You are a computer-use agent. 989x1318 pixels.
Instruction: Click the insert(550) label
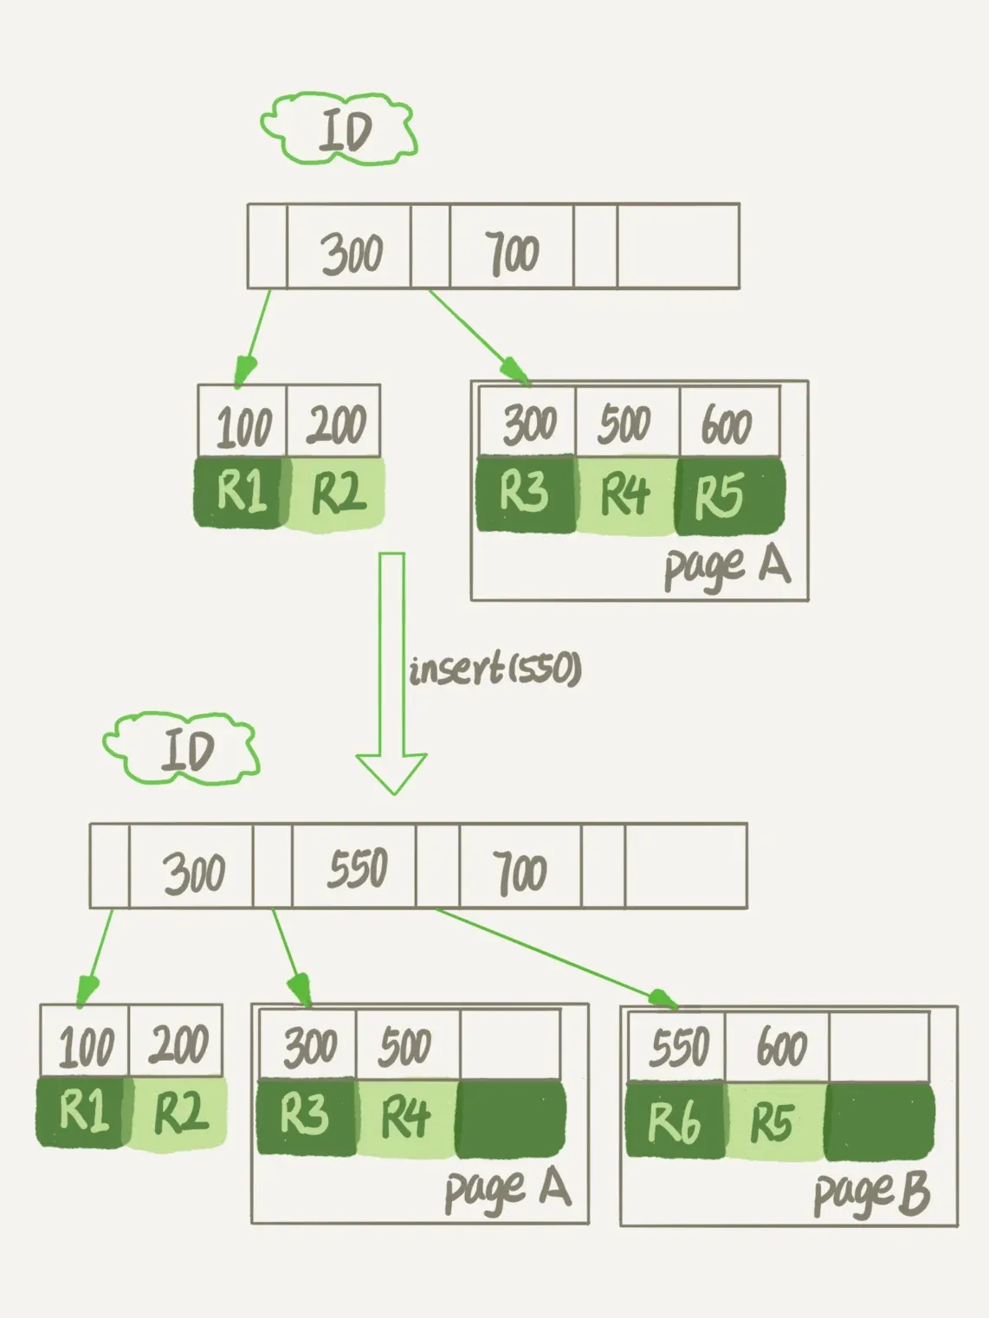[x=494, y=669]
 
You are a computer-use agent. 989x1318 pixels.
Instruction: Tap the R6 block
[x=675, y=1121]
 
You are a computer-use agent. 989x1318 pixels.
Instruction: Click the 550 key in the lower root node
[x=357, y=869]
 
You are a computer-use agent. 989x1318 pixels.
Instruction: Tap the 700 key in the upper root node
[x=512, y=253]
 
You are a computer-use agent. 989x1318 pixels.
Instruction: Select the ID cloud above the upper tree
[x=340, y=130]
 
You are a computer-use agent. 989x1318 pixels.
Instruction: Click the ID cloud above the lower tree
[x=183, y=749]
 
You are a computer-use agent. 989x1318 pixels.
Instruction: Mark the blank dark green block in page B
[x=878, y=1121]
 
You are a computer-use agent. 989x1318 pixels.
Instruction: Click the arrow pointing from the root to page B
[x=554, y=958]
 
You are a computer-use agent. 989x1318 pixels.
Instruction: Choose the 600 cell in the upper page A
[x=727, y=424]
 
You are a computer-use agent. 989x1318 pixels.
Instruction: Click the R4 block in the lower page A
[x=405, y=1117]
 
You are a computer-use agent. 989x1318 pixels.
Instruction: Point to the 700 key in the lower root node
[x=520, y=870]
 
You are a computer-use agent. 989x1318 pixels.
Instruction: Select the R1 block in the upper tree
[x=240, y=492]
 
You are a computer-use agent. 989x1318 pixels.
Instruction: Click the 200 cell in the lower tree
[x=178, y=1044]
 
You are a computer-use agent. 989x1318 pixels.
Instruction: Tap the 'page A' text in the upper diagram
[x=727, y=567]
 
